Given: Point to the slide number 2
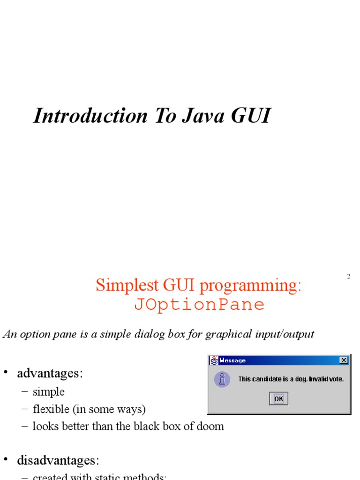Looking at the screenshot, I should pyautogui.click(x=348, y=277).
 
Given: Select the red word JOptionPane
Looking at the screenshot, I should pyautogui.click(x=199, y=305).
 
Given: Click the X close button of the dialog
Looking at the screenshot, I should pyautogui.click(x=344, y=360).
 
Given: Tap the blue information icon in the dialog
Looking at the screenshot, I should pyautogui.click(x=222, y=379).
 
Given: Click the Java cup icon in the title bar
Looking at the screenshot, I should pyautogui.click(x=214, y=360).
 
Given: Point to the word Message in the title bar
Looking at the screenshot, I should pyautogui.click(x=232, y=360).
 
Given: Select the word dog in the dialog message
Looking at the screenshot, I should pyautogui.click(x=295, y=379).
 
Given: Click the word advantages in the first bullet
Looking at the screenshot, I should pyautogui.click(x=48, y=374).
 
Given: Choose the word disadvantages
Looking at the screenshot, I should pyautogui.click(x=56, y=460).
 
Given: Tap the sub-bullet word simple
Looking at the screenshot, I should pyautogui.click(x=49, y=392).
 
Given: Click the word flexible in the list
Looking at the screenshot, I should pyautogui.click(x=50, y=409).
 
